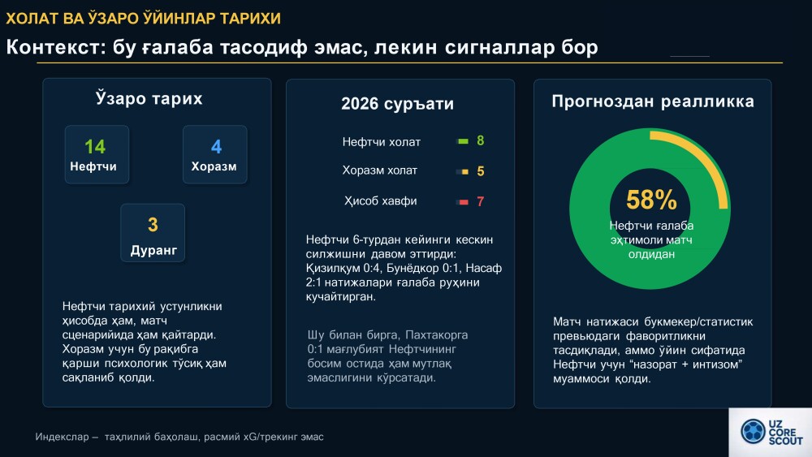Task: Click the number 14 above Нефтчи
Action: tap(95, 147)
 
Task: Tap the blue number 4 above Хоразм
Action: tap(217, 147)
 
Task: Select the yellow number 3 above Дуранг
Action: tap(153, 225)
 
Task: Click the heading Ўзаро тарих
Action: tap(149, 98)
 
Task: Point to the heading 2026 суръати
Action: tap(397, 104)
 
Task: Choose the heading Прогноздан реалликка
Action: tap(653, 101)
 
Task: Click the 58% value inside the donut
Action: tap(651, 200)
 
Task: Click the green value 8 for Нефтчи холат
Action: tap(481, 140)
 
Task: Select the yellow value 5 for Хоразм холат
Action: tap(481, 171)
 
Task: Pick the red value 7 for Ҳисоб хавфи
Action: tap(481, 201)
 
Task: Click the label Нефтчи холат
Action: tap(381, 142)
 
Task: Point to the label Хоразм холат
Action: tap(379, 170)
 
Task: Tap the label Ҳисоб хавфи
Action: tap(381, 200)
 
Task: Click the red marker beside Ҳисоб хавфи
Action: tap(463, 202)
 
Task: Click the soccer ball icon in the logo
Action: tap(753, 431)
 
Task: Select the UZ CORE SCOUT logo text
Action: tap(785, 432)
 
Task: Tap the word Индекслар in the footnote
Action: tap(63, 437)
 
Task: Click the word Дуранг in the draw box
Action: tap(153, 251)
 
